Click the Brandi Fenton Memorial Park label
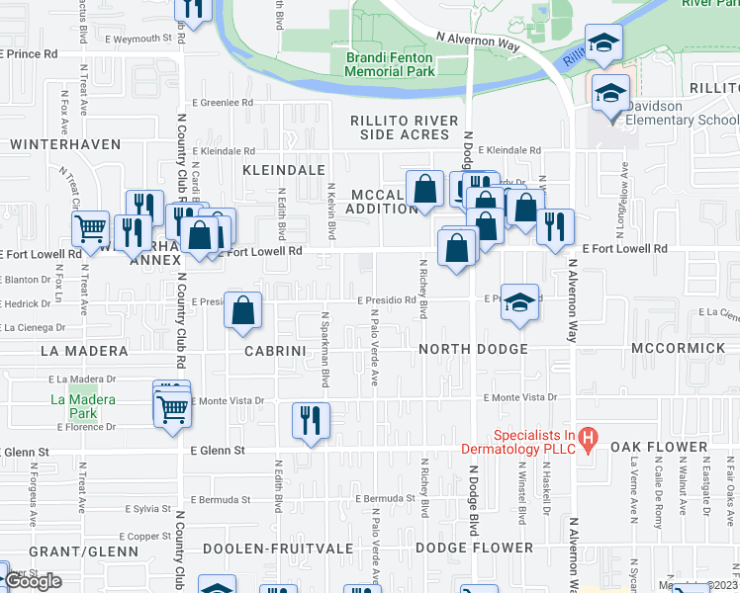(x=390, y=64)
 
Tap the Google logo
(x=33, y=581)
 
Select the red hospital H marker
(x=587, y=436)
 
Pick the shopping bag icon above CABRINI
(x=243, y=311)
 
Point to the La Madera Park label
(x=83, y=406)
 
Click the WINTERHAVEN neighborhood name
(x=56, y=144)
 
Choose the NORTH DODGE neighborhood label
(x=472, y=350)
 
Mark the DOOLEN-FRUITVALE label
(x=266, y=548)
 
